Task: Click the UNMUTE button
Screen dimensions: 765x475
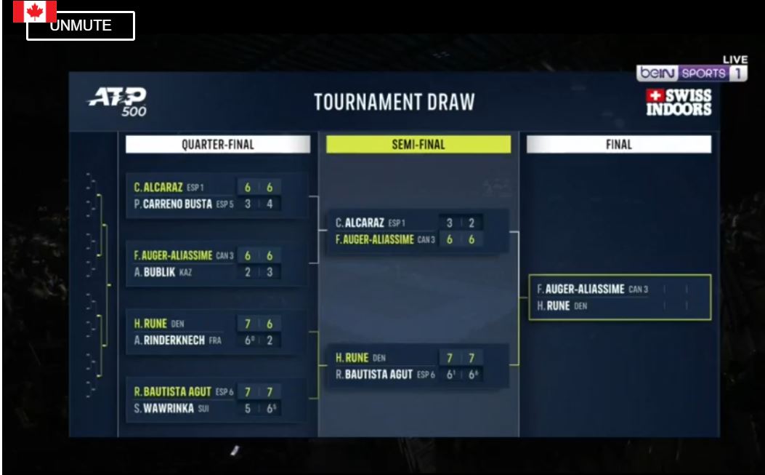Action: pyautogui.click(x=81, y=26)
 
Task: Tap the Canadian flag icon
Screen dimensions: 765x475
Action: pyautogui.click(x=34, y=10)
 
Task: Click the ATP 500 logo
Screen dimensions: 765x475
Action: pyautogui.click(x=118, y=101)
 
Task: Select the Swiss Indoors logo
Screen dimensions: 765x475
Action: pyautogui.click(x=679, y=103)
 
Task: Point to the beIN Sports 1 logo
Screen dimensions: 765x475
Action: pyautogui.click(x=691, y=73)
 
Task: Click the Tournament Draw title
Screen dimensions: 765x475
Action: pyautogui.click(x=394, y=103)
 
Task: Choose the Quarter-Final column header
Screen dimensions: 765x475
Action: pyautogui.click(x=217, y=145)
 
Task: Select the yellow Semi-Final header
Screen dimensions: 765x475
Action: pyautogui.click(x=418, y=145)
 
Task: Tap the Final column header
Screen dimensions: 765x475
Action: pyautogui.click(x=618, y=145)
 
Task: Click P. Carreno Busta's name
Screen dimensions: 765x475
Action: pyautogui.click(x=174, y=204)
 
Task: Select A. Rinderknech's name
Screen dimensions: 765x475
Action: pyautogui.click(x=169, y=340)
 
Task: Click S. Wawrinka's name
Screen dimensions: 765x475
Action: pyautogui.click(x=163, y=408)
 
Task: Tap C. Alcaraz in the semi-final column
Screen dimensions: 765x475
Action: pyautogui.click(x=360, y=223)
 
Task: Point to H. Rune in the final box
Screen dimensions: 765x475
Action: pyautogui.click(x=554, y=306)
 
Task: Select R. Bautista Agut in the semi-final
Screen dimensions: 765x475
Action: pyautogui.click(x=374, y=375)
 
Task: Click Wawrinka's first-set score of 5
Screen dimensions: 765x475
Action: pyautogui.click(x=248, y=409)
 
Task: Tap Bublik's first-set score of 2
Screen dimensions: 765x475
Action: pyautogui.click(x=248, y=273)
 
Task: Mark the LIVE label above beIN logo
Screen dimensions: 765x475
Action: pyautogui.click(x=735, y=60)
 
